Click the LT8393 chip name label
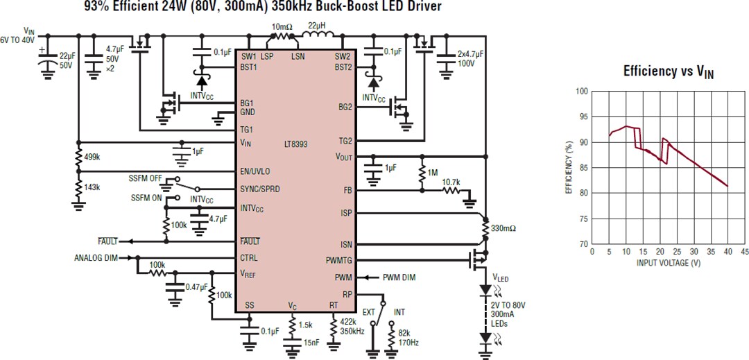(x=295, y=144)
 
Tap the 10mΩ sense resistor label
(x=282, y=26)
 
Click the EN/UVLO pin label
(x=255, y=171)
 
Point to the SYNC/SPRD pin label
(x=260, y=189)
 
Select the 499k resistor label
(x=92, y=157)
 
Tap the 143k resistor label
(x=92, y=187)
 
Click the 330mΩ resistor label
(x=503, y=228)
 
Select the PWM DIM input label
(x=399, y=277)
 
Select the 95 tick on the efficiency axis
(x=581, y=117)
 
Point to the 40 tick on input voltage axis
(x=726, y=251)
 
